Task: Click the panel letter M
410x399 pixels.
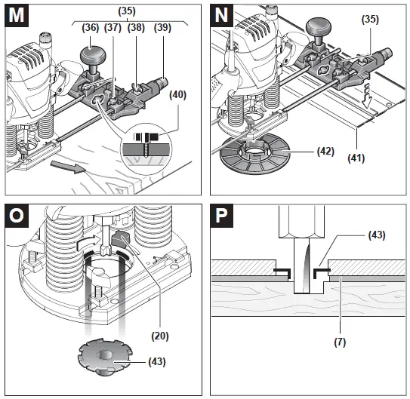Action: point(16,15)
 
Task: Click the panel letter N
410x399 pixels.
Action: point(221,15)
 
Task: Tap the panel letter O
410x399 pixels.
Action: point(16,216)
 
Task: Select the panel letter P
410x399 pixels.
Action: point(221,216)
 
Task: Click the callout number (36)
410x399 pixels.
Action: point(91,28)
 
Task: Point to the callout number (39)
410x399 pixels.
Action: point(162,28)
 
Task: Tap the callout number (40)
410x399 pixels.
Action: point(177,95)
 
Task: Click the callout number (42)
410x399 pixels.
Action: point(325,151)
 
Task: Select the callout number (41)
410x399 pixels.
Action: point(356,158)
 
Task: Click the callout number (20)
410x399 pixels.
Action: point(160,336)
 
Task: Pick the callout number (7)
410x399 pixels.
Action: point(340,342)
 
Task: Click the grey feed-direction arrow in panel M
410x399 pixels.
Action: point(68,167)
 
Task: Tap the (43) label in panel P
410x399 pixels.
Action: point(377,235)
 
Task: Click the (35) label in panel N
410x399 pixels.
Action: point(370,20)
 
